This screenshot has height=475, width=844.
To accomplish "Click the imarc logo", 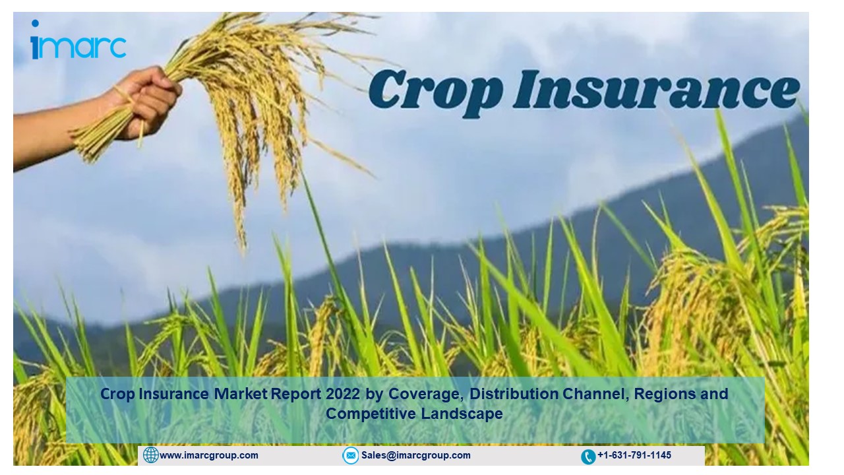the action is pyautogui.click(x=78, y=40).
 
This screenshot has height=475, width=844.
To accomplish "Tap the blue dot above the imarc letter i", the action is pyautogui.click(x=35, y=23).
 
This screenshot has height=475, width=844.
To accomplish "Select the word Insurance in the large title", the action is pyautogui.click(x=656, y=90).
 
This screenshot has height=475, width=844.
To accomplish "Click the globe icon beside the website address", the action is pyautogui.click(x=151, y=455).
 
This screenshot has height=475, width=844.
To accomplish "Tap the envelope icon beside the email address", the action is pyautogui.click(x=350, y=455).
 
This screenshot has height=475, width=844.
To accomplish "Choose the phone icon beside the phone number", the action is pyautogui.click(x=588, y=457).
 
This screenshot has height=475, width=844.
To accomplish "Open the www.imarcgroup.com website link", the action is pyautogui.click(x=209, y=455).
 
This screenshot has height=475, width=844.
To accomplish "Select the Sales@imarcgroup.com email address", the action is pyautogui.click(x=416, y=455).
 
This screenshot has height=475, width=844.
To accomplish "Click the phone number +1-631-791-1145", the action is pyautogui.click(x=634, y=455).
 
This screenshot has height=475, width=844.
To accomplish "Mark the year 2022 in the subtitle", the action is pyautogui.click(x=343, y=394).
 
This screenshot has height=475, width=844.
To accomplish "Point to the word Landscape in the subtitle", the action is pyautogui.click(x=462, y=414).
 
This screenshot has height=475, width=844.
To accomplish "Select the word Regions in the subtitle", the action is pyautogui.click(x=665, y=395).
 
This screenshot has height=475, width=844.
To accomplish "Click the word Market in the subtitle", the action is pyautogui.click(x=241, y=394).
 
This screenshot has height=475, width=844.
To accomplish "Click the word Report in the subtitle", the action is pyautogui.click(x=296, y=395).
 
